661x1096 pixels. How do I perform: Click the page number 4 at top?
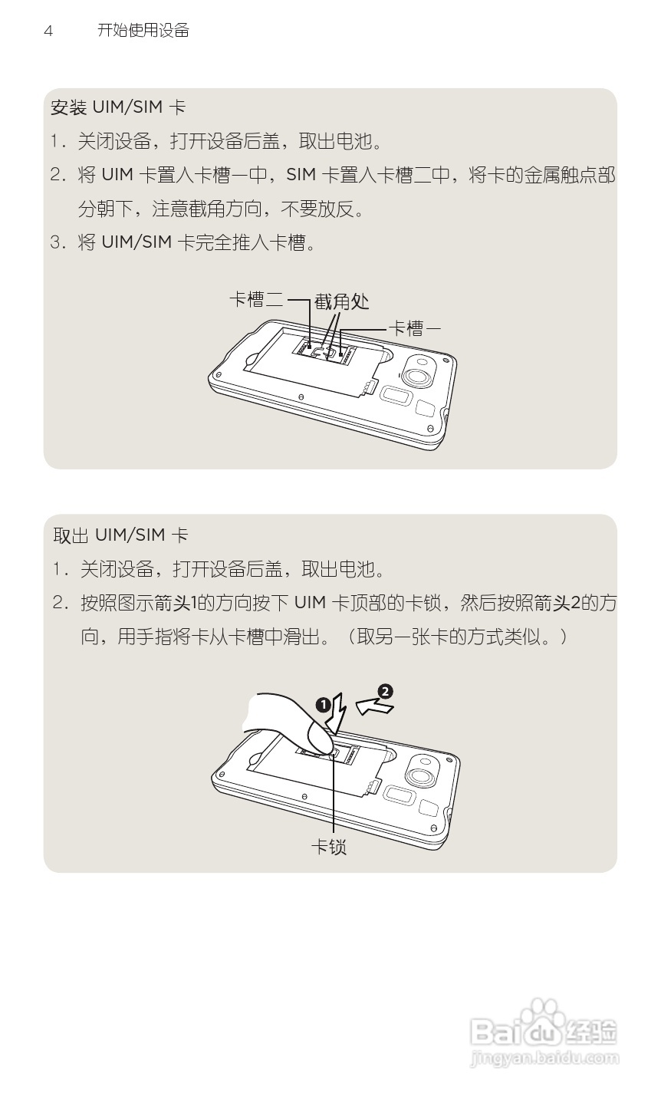pyautogui.click(x=48, y=31)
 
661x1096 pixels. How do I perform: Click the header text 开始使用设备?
pyautogui.click(x=143, y=31)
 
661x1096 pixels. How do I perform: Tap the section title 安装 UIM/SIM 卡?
pyautogui.click(x=118, y=107)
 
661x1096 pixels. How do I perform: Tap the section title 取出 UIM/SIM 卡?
pyautogui.click(x=120, y=535)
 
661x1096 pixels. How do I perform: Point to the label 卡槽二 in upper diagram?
pyautogui.click(x=256, y=300)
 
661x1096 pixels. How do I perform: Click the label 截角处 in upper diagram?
pyautogui.click(x=342, y=301)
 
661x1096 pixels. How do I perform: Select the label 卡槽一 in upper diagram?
pyautogui.click(x=415, y=328)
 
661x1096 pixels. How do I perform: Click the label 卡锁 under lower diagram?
pyautogui.click(x=328, y=847)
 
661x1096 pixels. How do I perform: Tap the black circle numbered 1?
pyautogui.click(x=324, y=704)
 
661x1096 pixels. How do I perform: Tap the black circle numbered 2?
pyautogui.click(x=385, y=691)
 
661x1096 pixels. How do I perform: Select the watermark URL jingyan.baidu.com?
pyautogui.click(x=543, y=1059)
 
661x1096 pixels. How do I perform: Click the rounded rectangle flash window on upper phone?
pyautogui.click(x=394, y=396)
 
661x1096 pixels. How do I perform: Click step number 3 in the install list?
pyautogui.click(x=56, y=243)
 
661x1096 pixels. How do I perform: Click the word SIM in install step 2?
pyautogui.click(x=301, y=176)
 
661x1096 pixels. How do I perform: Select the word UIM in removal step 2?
pyautogui.click(x=311, y=603)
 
